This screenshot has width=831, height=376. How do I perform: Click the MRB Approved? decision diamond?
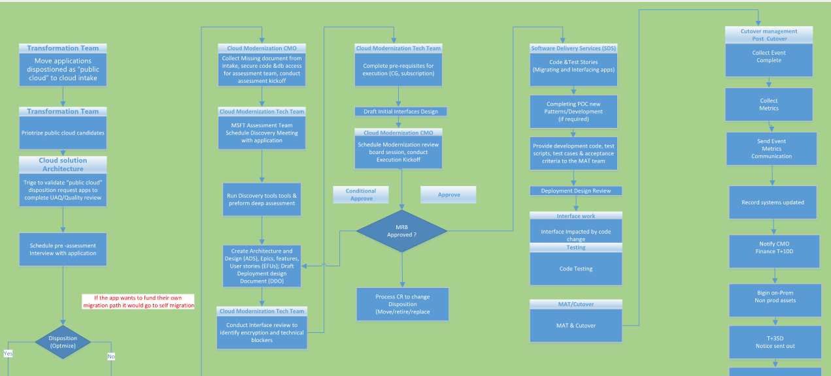tap(401, 230)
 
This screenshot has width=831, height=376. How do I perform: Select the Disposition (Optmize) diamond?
tap(63, 341)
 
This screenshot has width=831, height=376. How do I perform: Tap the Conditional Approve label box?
tap(361, 195)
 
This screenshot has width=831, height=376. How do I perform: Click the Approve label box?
tap(449, 195)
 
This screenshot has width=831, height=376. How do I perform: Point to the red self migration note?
tap(139, 302)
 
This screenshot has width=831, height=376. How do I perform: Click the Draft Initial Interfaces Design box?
tap(401, 112)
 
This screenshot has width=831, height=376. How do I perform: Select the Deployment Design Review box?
tap(575, 191)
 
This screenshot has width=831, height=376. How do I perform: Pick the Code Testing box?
tap(575, 268)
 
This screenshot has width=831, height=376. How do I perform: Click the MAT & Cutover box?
tap(575, 325)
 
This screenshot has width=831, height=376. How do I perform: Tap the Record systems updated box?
tap(773, 202)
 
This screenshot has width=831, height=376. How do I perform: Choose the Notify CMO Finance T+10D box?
tap(774, 251)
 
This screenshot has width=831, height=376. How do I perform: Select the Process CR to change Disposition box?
tap(402, 304)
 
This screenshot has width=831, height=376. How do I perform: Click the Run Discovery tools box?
tap(262, 199)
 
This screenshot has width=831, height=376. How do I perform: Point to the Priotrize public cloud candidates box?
tap(63, 133)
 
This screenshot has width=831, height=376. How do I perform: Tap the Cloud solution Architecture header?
tap(63, 164)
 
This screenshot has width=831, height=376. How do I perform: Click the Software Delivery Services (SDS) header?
tap(573, 48)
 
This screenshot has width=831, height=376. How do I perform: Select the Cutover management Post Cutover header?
tap(768, 35)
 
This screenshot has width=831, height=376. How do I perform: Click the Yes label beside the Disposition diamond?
tap(8, 353)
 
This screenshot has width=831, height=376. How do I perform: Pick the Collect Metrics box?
tap(769, 104)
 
